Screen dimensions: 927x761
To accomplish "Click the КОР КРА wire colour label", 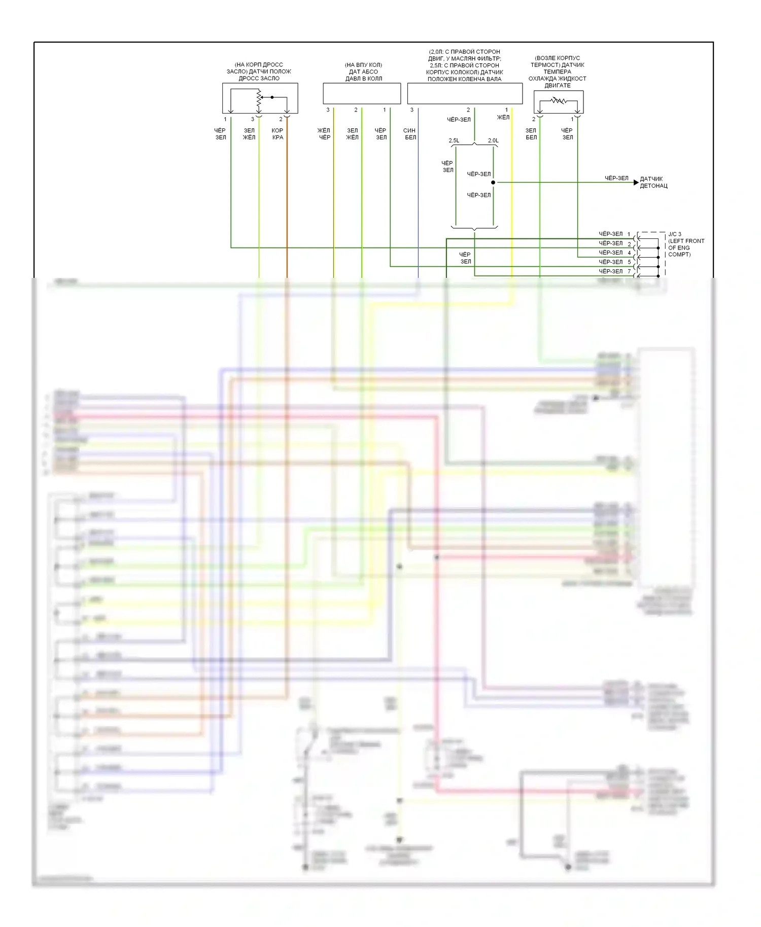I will click(278, 134).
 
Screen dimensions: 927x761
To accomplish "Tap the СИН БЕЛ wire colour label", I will click(410, 134).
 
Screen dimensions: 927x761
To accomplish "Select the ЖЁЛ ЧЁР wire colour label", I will click(324, 134).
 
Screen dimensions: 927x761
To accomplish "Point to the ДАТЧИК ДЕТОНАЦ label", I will click(653, 183).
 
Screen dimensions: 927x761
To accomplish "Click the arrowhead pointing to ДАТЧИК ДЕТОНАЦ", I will click(636, 183).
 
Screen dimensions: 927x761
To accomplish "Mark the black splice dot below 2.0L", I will click(493, 183).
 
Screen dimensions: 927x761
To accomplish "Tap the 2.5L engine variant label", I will click(454, 140).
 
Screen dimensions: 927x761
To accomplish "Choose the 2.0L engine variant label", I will click(493, 140).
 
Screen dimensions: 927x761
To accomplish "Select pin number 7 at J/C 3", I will click(630, 271).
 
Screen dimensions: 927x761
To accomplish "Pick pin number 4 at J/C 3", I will click(630, 253).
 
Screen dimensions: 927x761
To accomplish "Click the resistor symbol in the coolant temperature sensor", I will click(559, 100).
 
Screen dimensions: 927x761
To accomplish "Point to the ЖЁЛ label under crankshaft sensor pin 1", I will click(503, 117).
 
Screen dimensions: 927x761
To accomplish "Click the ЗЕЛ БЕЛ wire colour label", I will click(531, 134).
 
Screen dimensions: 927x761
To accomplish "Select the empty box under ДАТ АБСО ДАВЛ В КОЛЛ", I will click(362, 93).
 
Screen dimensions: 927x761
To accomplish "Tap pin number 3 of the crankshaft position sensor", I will click(412, 110).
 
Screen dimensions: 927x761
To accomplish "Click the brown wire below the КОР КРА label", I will click(287, 203).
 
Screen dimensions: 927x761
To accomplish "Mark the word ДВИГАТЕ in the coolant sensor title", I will click(558, 86).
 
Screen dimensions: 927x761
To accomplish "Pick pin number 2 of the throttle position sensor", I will click(281, 119).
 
